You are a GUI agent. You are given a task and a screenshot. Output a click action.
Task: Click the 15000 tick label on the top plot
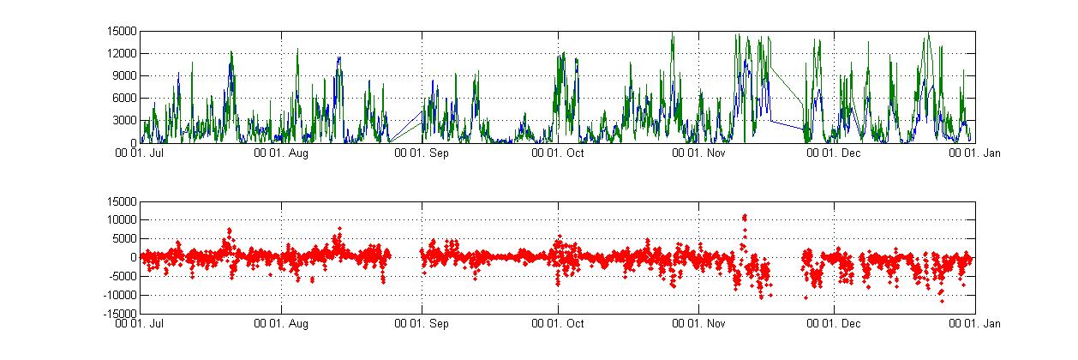[x=122, y=31]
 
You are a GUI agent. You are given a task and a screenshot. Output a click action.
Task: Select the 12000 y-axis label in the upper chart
[x=122, y=53]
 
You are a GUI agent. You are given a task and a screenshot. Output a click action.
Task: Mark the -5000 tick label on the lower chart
[x=122, y=276]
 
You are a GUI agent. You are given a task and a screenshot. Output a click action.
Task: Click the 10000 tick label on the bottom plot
[x=122, y=220]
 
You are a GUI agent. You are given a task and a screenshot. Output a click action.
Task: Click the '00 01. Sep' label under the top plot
[x=421, y=154]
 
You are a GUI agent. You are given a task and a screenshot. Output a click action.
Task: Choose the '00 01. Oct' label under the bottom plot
[x=559, y=324]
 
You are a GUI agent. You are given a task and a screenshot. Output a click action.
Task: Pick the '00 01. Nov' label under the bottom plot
[x=698, y=324]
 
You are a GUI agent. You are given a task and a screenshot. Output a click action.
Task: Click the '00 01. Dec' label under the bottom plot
[x=836, y=324]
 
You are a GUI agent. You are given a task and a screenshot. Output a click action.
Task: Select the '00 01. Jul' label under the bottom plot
[x=142, y=324]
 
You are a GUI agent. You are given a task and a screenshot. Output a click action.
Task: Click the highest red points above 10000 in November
[x=745, y=217]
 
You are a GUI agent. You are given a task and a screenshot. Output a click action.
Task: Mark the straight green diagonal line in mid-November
[x=787, y=85]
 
